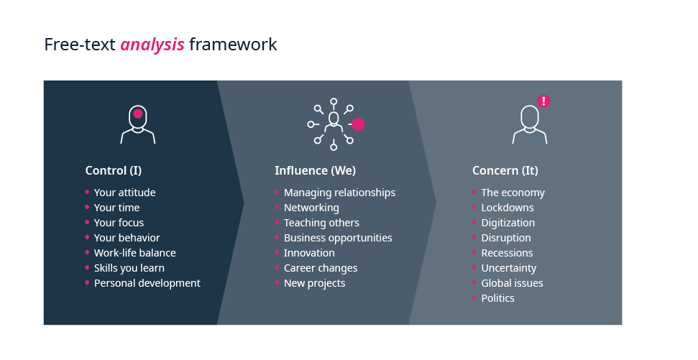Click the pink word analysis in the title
pos(152,45)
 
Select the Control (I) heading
pos(114,170)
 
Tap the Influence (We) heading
pos(315,170)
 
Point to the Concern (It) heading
pos(505,170)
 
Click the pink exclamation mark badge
pos(543,101)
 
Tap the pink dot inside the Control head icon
pos(138,114)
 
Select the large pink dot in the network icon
pos(358,124)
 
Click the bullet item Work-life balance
pos(135,253)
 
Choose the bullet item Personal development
pos(147,283)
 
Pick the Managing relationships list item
pos(339,193)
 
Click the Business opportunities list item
pos(338,238)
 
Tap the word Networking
pos(311,208)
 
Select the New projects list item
pos(315,283)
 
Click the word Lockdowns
pos(508,208)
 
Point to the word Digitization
pos(508,223)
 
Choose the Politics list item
pos(497,298)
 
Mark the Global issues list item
pos(512,283)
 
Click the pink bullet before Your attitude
pos(87,193)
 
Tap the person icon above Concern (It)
pos(530,124)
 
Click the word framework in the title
pos(233,45)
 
